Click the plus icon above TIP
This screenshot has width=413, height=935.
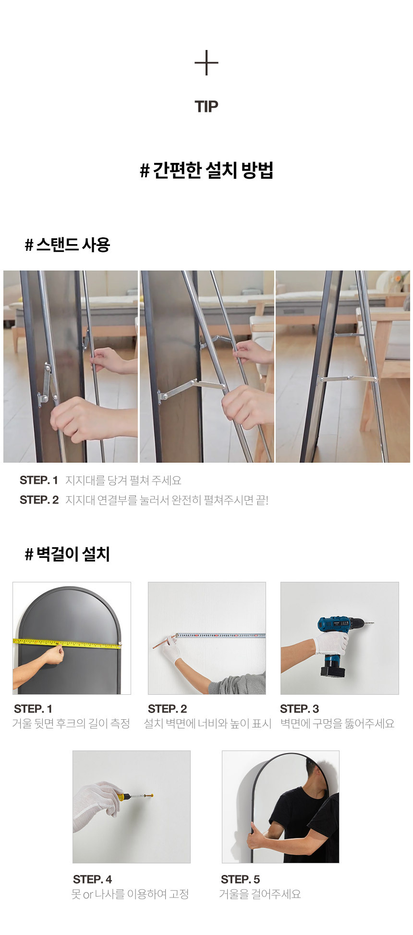coord(206,63)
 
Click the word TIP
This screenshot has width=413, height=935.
coord(206,107)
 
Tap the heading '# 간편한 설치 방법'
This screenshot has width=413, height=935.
coord(206,170)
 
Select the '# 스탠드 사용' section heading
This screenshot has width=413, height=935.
coord(68,245)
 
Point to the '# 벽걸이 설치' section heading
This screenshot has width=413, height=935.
coord(68,554)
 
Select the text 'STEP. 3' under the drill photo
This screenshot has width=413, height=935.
coord(299,709)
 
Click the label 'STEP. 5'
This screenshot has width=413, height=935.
coord(240,879)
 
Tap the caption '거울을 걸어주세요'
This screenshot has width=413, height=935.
coord(260,894)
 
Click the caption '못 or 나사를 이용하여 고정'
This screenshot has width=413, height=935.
coord(130,894)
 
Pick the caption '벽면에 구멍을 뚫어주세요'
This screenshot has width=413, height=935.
coord(338,724)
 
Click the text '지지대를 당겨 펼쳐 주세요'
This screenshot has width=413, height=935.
coord(123,480)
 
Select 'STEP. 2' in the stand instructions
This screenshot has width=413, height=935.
coord(39,500)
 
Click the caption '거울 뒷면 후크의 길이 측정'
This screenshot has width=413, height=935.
coord(71,724)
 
